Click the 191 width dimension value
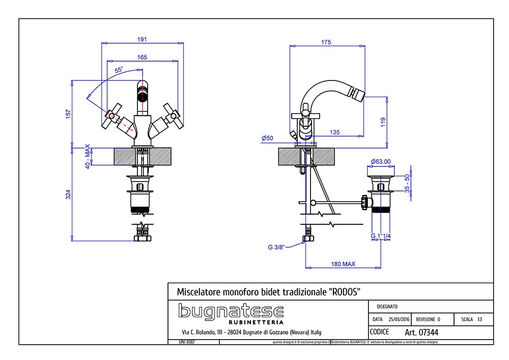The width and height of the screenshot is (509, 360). click(x=143, y=39)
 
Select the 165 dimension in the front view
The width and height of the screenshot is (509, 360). click(x=143, y=57)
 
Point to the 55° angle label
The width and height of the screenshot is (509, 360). click(x=119, y=70)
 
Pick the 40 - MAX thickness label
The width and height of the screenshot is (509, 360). click(x=87, y=157)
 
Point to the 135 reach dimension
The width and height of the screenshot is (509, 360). click(x=334, y=132)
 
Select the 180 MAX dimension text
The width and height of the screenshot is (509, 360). click(x=343, y=264)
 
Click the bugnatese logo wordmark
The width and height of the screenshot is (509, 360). click(x=231, y=311)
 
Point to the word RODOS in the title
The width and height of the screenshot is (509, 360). click(x=346, y=292)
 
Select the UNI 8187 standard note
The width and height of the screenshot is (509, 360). click(x=187, y=342)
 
